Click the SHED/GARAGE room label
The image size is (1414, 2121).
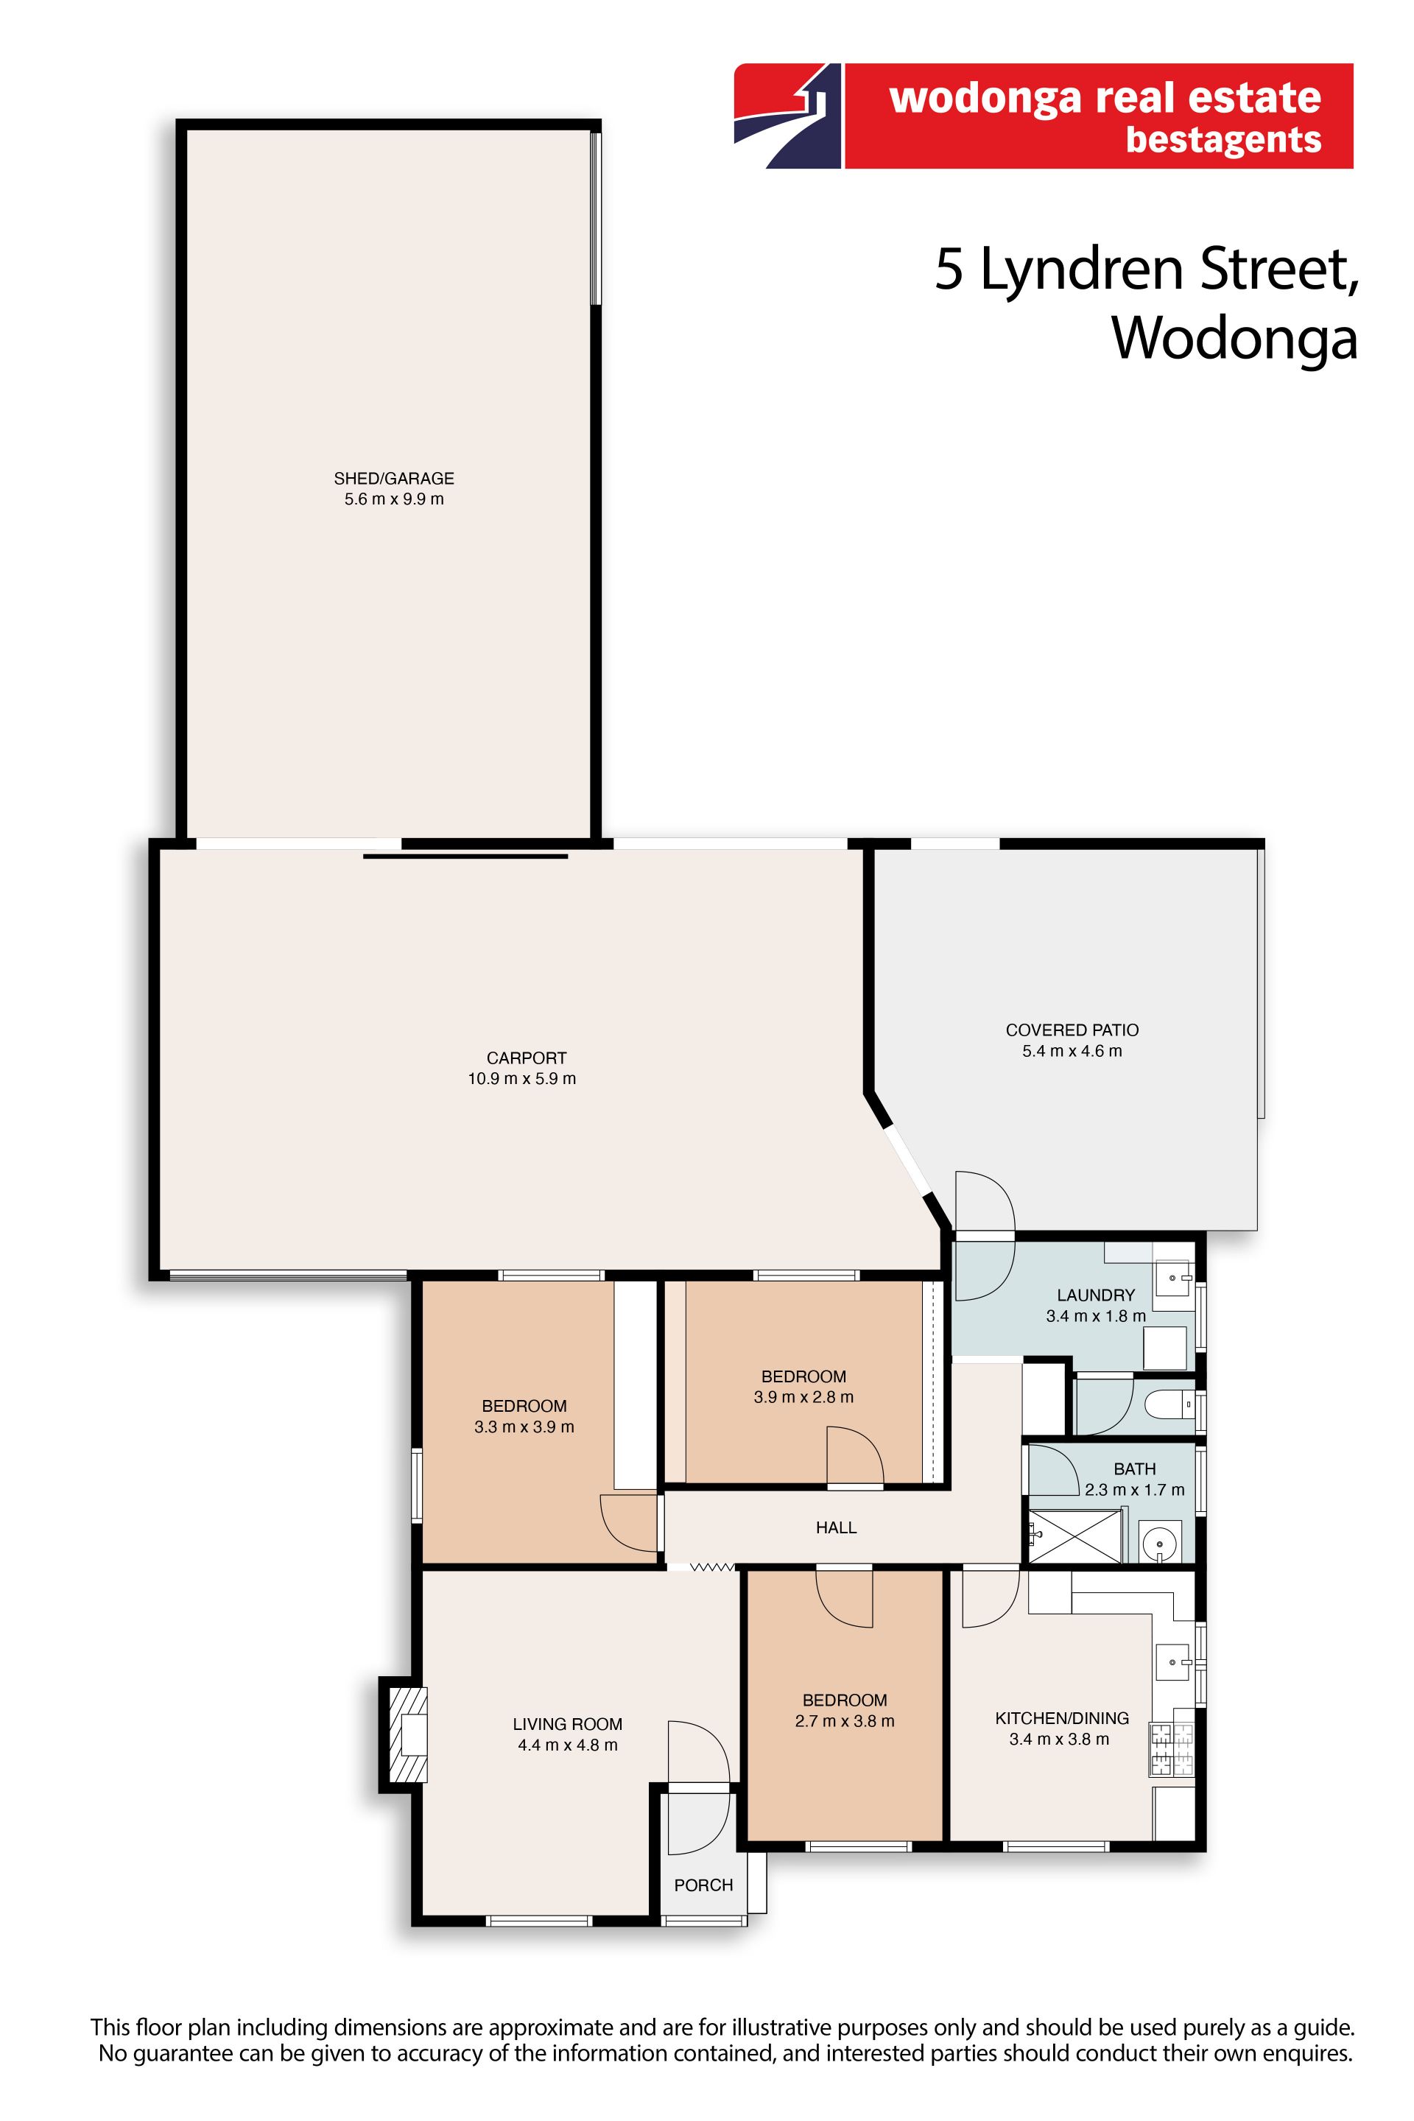[394, 478]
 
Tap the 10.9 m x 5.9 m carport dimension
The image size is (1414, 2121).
[522, 1078]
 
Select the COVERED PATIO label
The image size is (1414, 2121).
[1072, 1030]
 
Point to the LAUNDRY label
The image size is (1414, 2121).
[1096, 1295]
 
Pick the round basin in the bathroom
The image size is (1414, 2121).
[1158, 1544]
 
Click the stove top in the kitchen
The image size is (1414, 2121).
[1170, 1751]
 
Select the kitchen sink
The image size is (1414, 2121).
[1173, 1661]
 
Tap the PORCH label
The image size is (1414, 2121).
[703, 1885]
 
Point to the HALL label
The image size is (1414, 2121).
[836, 1527]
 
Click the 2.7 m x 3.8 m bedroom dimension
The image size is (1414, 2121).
[845, 1720]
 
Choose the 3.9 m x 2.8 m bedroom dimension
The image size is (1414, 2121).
[803, 1397]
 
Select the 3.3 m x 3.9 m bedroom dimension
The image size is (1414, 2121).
[524, 1427]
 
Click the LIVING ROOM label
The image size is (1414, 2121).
[567, 1724]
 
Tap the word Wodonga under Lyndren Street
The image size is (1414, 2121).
[1234, 338]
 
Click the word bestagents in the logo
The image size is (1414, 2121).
[1224, 140]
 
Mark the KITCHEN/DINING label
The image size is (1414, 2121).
[1061, 1718]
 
